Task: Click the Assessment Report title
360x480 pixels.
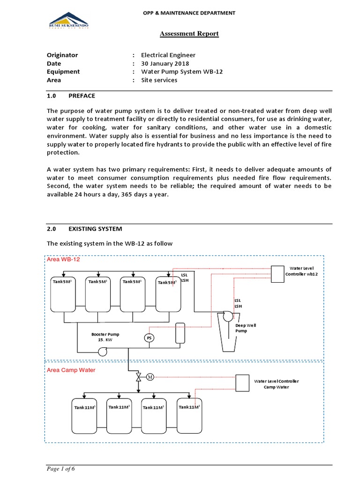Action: [189, 34]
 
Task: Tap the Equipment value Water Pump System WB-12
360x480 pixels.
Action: [175, 72]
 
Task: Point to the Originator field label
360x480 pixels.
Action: [62, 55]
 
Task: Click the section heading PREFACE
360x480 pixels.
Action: [82, 96]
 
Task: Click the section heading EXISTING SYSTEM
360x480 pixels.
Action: [95, 229]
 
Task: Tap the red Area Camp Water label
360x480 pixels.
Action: [71, 370]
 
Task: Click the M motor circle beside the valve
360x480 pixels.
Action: [150, 377]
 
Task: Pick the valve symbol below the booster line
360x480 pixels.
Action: [138, 377]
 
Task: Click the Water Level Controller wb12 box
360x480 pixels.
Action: [277, 274]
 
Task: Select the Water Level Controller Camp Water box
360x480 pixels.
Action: [242, 383]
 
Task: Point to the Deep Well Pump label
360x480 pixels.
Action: [246, 328]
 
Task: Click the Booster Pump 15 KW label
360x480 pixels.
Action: [105, 337]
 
